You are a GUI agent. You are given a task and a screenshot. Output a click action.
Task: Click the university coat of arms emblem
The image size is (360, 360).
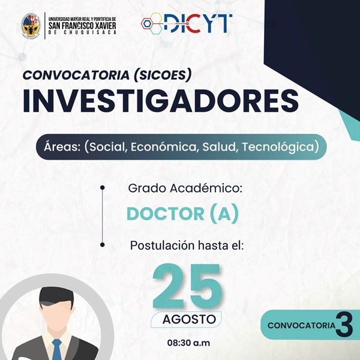click(x=31, y=26)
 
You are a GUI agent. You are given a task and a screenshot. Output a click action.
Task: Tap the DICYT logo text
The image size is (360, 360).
click(x=198, y=23)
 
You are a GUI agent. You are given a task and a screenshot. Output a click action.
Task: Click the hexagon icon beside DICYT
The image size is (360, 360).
click(x=152, y=23)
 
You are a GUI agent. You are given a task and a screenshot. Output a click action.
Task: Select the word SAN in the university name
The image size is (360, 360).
click(x=55, y=25)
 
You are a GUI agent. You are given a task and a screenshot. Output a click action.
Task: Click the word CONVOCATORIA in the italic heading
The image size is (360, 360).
click(x=76, y=75)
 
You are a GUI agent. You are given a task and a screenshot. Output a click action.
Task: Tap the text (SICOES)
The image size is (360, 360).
click(x=163, y=75)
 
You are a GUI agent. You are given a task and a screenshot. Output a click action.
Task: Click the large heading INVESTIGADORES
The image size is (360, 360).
click(x=161, y=101)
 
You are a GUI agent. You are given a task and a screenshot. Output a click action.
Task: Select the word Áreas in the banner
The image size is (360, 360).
click(x=62, y=146)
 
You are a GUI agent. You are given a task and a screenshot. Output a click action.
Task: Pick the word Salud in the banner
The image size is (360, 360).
click(x=219, y=147)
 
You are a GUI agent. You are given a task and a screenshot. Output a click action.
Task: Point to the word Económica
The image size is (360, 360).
click(x=164, y=147)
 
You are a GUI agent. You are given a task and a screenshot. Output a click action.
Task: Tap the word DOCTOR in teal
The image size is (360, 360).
click(x=166, y=214)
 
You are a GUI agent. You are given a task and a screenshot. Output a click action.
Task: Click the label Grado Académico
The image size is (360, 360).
click(x=185, y=188)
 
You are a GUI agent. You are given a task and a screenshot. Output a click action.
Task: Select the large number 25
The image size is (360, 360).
click(x=187, y=286)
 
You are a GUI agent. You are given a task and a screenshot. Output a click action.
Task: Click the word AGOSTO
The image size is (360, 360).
click(x=189, y=319)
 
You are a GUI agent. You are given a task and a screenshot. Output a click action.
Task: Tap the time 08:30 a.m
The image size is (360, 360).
click(x=189, y=343)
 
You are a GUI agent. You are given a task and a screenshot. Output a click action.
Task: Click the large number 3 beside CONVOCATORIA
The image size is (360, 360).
click(x=344, y=325)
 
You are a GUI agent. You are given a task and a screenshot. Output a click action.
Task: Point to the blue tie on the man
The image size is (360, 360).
click(x=57, y=349)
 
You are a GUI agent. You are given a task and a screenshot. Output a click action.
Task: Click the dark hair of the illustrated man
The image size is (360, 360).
click(x=56, y=297)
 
